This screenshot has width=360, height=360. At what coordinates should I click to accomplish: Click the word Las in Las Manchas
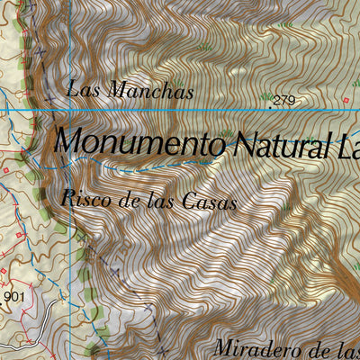(x=82, y=89)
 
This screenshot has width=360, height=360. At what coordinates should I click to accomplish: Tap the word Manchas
(x=149, y=90)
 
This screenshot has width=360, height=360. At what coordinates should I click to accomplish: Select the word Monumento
(x=139, y=142)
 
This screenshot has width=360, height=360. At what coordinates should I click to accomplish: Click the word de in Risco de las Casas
(x=131, y=200)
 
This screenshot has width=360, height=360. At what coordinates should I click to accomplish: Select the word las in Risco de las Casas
(x=164, y=201)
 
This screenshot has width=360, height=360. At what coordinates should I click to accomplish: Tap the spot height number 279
(x=284, y=100)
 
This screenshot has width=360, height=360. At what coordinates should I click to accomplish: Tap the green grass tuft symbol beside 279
(x=266, y=96)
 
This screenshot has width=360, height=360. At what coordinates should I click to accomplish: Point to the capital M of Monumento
(x=68, y=141)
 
